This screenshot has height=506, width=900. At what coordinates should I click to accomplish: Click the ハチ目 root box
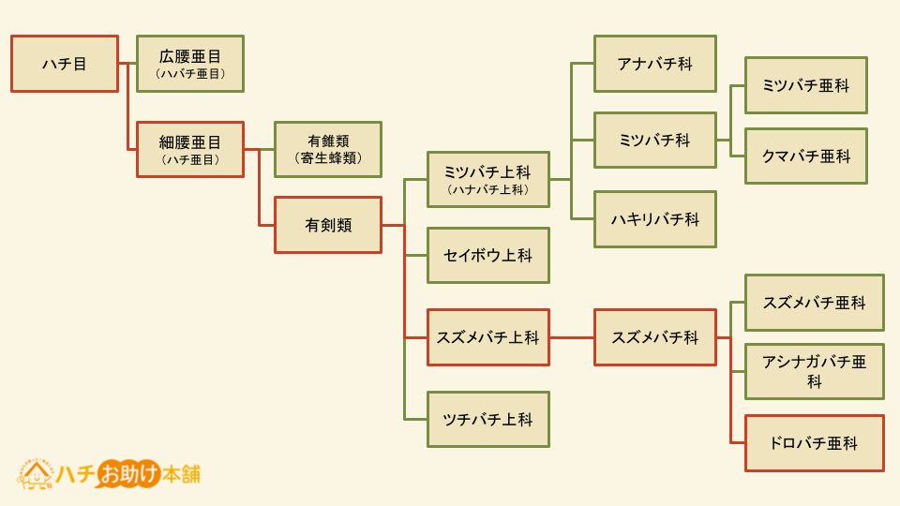pos(65,64)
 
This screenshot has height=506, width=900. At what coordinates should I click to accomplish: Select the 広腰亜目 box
pos(190,64)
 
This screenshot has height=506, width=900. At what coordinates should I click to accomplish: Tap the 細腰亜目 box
pos(190,149)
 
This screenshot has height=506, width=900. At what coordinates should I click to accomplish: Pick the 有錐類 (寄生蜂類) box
pos(328,149)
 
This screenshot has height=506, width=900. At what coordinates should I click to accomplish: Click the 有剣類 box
pos(328,225)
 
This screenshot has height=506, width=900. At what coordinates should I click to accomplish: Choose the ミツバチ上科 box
pos(487,180)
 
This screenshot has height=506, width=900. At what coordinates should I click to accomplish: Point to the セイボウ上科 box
pos(487,255)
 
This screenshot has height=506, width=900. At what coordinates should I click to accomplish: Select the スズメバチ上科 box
pos(487,337)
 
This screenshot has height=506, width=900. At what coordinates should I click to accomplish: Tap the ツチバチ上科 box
pos(487,420)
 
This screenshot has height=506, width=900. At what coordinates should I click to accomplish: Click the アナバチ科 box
pos(655,64)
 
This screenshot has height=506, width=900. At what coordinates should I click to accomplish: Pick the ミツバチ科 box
pos(655,140)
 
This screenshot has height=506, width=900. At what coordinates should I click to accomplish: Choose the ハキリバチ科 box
pos(655,219)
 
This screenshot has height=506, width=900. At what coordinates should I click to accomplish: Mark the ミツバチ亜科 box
pos(806,85)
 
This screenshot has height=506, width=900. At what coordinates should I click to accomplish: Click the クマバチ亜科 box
pos(806,156)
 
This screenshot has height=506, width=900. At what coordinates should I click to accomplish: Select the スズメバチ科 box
pos(655,337)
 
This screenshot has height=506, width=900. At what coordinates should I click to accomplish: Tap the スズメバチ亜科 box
pos(814,303)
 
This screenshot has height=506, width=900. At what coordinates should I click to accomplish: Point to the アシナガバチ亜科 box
pos(814,372)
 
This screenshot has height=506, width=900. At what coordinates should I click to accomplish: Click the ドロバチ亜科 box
pos(814,443)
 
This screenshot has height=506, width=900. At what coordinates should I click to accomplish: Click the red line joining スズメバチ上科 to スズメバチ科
pos(572,337)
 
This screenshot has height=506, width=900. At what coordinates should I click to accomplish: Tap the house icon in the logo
pos(36,474)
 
